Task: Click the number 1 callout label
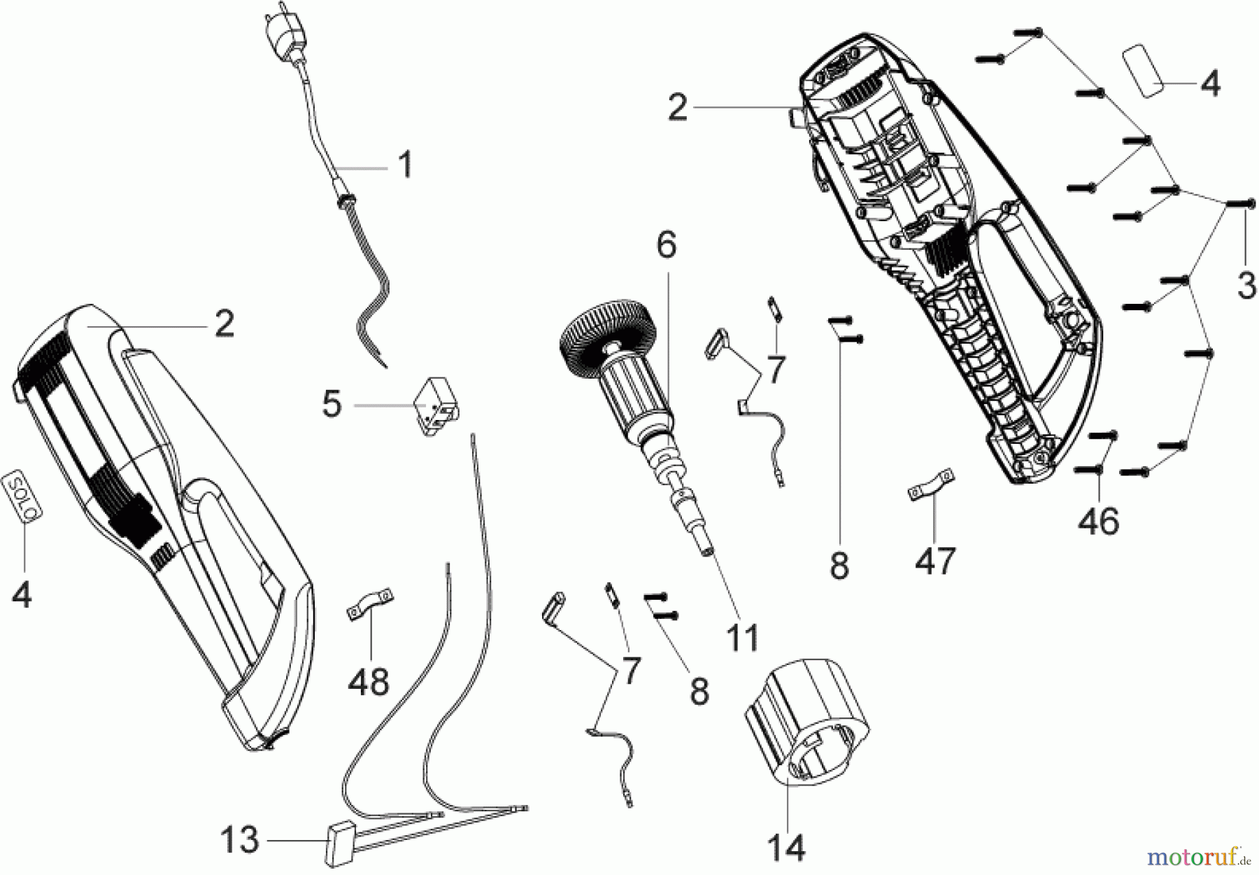click(404, 166)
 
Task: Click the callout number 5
click(332, 405)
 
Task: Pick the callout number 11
click(742, 638)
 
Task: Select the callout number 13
click(239, 840)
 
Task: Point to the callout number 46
click(1098, 521)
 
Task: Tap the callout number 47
click(936, 560)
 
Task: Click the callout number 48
click(369, 680)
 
